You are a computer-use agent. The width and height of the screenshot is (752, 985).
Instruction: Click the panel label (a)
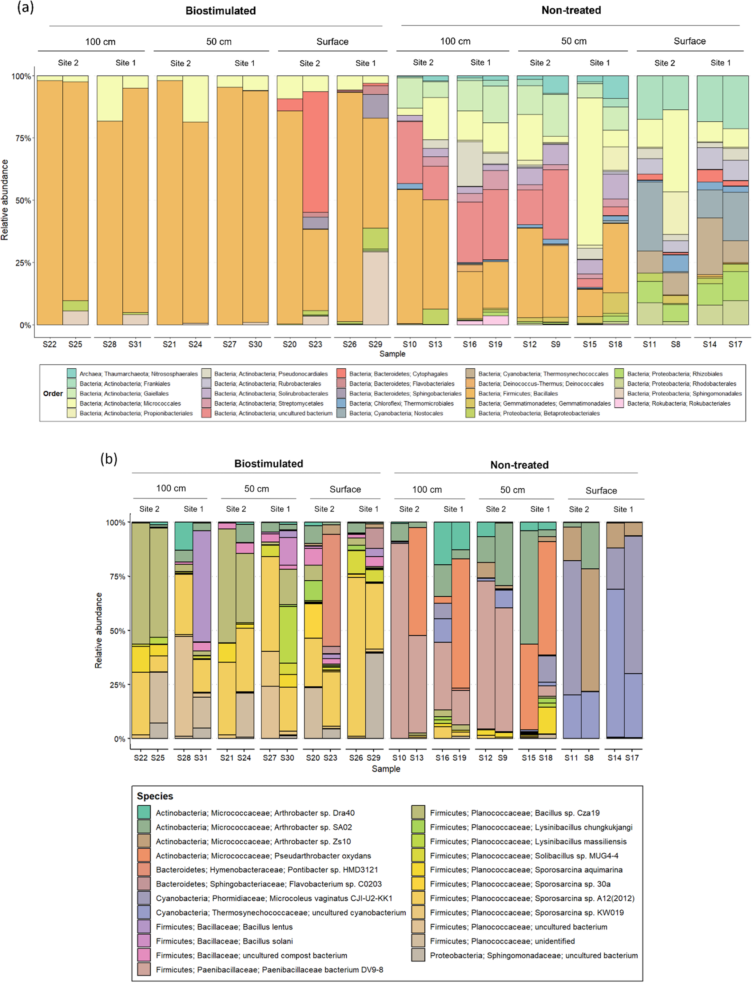pyautogui.click(x=25, y=8)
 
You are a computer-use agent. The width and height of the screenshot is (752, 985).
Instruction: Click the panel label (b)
pyautogui.click(x=109, y=459)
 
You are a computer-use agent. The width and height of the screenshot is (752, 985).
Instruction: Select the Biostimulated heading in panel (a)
pyautogui.click(x=221, y=11)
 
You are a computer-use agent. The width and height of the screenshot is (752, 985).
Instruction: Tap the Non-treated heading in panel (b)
pyautogui.click(x=519, y=465)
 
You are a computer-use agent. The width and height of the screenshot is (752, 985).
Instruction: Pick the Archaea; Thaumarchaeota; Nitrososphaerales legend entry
pyautogui.click(x=138, y=374)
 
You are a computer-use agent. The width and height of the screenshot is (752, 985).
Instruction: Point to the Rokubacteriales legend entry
pyautogui.click(x=679, y=404)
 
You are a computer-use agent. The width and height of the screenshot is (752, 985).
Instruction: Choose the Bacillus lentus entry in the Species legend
pyautogui.click(x=224, y=927)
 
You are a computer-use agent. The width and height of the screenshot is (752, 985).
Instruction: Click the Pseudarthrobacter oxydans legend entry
pyautogui.click(x=263, y=856)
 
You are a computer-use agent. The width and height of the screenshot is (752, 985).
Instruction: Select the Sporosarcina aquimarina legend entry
pyautogui.click(x=526, y=870)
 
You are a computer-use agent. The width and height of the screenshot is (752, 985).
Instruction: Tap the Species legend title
pyautogui.click(x=155, y=796)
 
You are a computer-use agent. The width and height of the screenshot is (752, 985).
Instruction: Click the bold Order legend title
pyautogui.click(x=53, y=394)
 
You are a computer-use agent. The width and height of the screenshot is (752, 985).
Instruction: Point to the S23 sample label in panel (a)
pyautogui.click(x=315, y=344)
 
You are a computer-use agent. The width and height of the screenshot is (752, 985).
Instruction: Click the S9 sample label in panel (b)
pyautogui.click(x=502, y=758)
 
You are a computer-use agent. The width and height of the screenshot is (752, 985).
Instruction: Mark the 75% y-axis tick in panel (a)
pyautogui.click(x=23, y=138)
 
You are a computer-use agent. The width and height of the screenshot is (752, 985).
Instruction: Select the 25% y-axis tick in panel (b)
pyautogui.click(x=117, y=685)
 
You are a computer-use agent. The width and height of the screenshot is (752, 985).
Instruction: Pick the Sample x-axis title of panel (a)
pyautogui.click(x=392, y=354)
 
